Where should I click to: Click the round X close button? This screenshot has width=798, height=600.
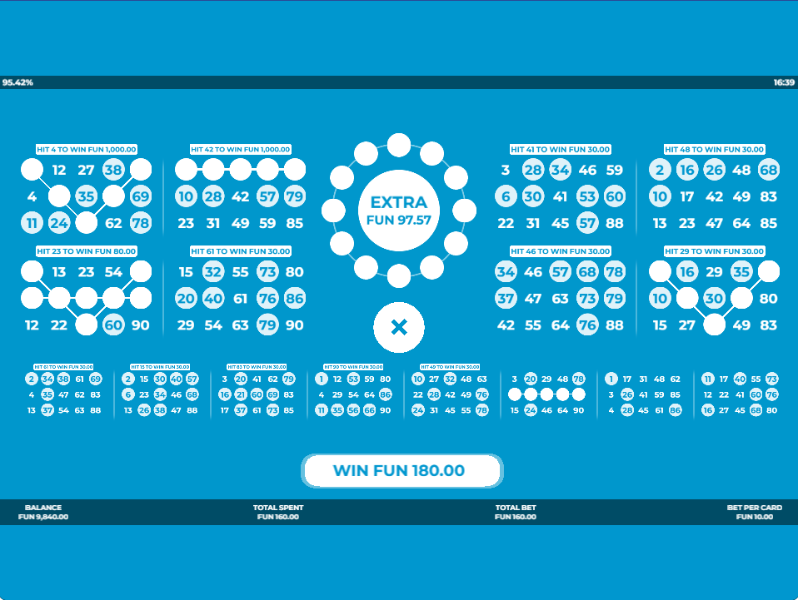pos(399,328)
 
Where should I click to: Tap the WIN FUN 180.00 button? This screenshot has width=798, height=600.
pos(402,471)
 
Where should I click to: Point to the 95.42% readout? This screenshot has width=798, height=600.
pos(17,83)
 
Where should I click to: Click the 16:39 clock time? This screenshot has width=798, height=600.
pos(783,83)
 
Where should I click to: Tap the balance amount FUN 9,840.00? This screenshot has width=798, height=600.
pos(43,517)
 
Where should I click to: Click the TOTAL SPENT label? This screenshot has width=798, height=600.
pos(278,508)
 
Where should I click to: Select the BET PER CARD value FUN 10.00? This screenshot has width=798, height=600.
pos(755,517)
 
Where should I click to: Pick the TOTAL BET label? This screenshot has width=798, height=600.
pos(516,508)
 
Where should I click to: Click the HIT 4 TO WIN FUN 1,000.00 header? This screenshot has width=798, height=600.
pos(87,150)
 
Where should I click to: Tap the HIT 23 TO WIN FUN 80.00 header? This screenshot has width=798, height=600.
pos(87,251)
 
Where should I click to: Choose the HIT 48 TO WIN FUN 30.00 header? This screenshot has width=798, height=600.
pos(714,150)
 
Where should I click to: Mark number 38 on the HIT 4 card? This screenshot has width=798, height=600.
pos(113,171)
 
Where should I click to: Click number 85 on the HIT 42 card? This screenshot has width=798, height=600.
pos(294,224)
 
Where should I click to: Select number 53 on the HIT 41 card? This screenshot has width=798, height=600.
pos(587,197)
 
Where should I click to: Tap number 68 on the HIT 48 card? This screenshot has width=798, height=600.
pos(768,171)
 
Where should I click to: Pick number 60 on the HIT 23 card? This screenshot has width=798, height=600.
pos(113,325)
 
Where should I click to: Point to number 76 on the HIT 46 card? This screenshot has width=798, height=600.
pos(587,325)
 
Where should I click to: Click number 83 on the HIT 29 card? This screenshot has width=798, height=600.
pos(768,325)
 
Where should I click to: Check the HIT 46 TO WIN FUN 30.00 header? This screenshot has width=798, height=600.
pos(560,251)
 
